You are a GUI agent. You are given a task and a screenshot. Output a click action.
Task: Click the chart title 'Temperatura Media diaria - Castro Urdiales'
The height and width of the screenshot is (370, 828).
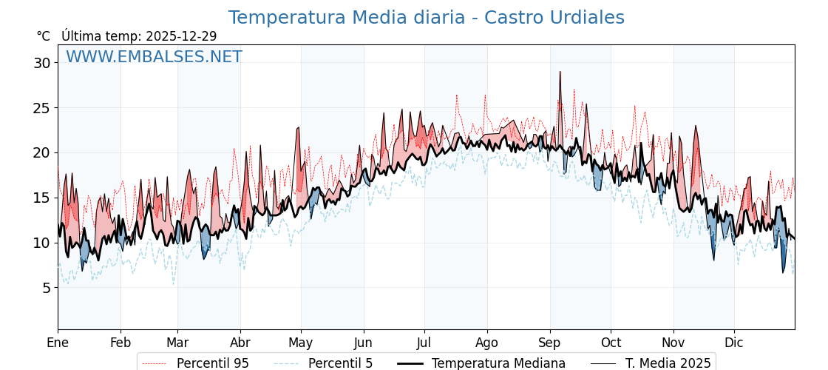coord(426,18)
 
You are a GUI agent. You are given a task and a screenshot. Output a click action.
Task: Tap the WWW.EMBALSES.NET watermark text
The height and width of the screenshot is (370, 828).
coord(154,57)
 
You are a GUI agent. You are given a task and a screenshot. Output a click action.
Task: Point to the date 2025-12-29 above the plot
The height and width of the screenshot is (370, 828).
coord(181,36)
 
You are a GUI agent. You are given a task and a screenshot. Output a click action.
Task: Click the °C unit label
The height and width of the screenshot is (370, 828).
coord(44,36)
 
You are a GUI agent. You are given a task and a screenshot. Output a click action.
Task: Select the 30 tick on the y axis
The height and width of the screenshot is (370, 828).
coord(41,63)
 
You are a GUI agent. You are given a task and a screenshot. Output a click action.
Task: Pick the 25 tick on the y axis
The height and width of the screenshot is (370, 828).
coord(41,108)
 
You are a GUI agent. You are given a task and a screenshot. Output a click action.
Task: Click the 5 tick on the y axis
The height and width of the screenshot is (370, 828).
coord(46,288)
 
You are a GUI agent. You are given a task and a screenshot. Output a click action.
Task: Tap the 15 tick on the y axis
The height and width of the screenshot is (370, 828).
coord(41,198)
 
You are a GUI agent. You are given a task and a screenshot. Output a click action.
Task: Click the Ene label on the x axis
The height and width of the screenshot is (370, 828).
coord(58,343)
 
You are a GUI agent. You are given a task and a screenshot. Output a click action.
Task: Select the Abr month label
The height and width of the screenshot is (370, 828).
coord(240,343)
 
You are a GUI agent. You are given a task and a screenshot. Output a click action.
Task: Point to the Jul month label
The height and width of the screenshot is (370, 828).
coord(424,343)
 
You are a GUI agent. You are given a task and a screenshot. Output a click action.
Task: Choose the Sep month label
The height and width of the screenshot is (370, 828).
coord(549,343)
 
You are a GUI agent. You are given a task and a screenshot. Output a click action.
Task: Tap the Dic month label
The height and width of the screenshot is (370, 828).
coord(734,343)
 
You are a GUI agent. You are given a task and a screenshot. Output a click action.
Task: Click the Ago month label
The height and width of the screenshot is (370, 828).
coord(486,343)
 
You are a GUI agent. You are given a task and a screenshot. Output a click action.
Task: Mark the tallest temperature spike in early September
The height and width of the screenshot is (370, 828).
coord(560,73)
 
